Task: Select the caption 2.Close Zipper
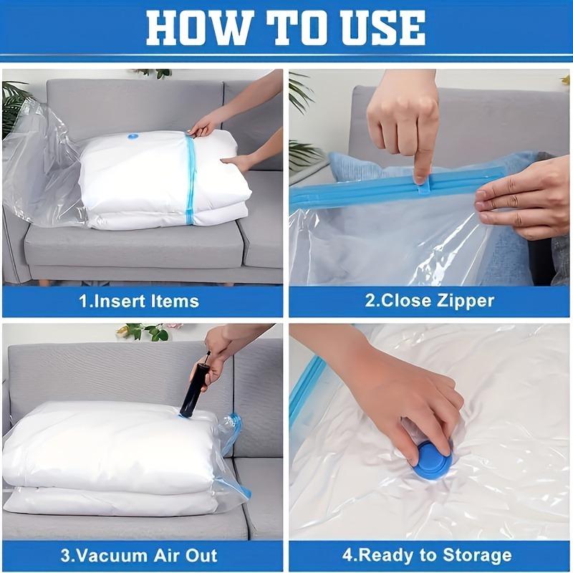click(x=430, y=300)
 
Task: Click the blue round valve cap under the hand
click(x=433, y=463)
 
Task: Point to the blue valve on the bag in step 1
click(x=133, y=136)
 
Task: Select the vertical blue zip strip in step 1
click(x=191, y=179)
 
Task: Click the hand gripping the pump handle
click(x=218, y=351)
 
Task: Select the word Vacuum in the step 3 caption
click(x=127, y=556)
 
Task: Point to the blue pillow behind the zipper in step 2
click(x=351, y=168)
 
